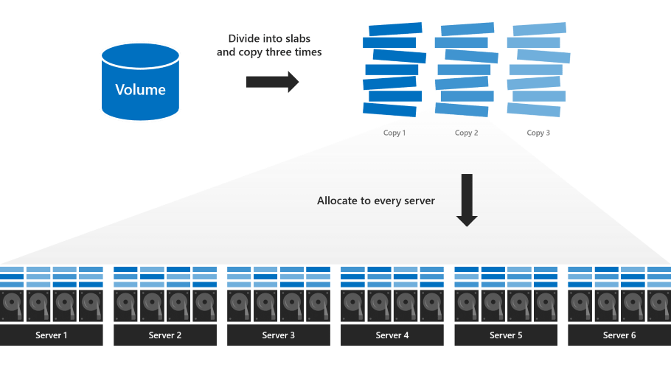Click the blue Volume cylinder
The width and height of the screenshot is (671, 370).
[x=140, y=83]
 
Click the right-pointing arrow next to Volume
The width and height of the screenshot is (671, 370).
[x=272, y=81]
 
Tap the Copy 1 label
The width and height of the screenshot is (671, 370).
[x=394, y=133]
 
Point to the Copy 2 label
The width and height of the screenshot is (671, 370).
[x=466, y=133]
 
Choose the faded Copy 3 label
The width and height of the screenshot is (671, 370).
[x=538, y=133]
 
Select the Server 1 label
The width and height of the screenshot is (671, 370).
[x=52, y=335]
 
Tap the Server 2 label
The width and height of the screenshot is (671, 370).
[x=164, y=335]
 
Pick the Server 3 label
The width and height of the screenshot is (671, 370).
[x=278, y=335]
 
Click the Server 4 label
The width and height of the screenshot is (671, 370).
[x=392, y=335]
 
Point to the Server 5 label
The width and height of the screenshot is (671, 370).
[x=505, y=335]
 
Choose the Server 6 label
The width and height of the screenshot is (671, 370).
[x=619, y=335]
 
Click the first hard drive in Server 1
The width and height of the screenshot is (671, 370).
[x=13, y=306]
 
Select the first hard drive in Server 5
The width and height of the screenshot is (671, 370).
[x=466, y=306]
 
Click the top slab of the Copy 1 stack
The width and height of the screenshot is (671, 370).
[x=395, y=29]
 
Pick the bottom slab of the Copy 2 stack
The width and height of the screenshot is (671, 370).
[x=462, y=110]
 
